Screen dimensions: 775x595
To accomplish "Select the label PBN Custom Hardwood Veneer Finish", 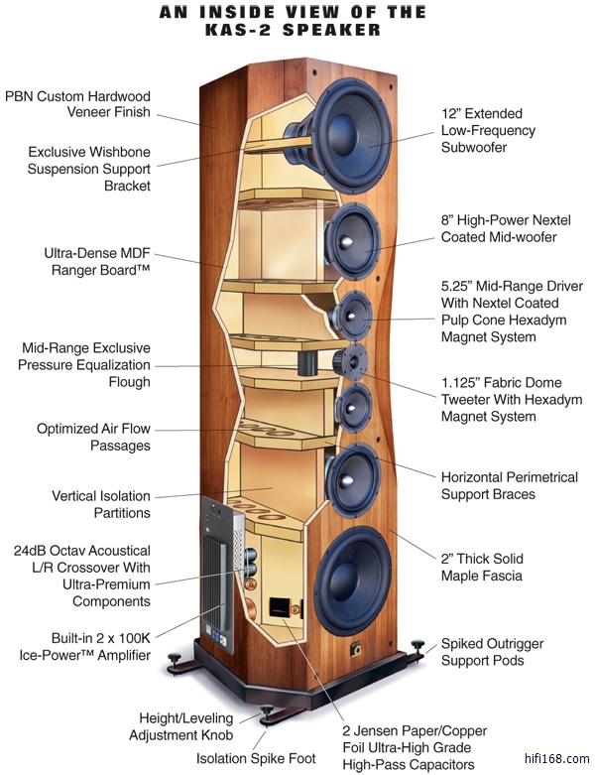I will pos(78,104).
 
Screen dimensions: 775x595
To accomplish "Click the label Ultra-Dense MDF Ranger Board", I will pos(97,261).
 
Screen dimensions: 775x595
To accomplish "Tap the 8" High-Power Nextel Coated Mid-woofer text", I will pos(501,228).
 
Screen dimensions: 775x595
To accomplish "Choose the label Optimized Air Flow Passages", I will pos(94,438).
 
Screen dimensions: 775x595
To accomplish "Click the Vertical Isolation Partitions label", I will pos(101,504).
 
